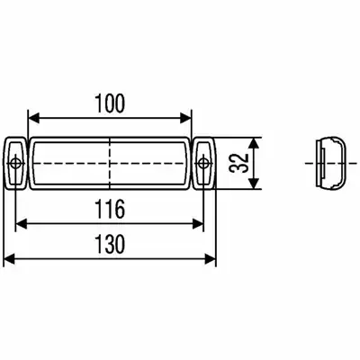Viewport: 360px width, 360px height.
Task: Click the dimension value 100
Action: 109,103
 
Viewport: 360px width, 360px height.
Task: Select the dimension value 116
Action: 109,209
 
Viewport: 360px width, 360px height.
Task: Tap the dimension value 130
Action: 109,244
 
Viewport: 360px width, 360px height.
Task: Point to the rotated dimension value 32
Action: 239,163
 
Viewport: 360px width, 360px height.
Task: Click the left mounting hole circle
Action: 14,164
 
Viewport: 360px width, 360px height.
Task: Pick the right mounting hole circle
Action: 203,164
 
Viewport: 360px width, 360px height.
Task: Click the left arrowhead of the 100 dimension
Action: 33,118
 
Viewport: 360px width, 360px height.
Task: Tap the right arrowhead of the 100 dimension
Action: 184,118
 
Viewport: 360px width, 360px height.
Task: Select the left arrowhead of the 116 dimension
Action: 22,224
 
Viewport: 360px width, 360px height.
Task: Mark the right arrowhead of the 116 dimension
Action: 197,224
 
